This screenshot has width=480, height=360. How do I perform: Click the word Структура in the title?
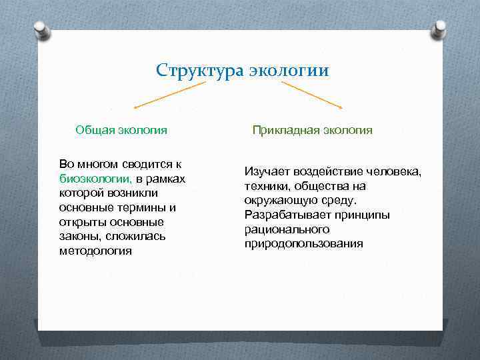point(201,71)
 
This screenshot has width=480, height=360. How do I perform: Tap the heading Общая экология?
point(121,130)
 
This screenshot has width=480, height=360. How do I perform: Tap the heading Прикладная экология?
point(312,130)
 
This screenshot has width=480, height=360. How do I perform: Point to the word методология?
point(95,251)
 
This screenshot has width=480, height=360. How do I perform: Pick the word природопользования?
point(303,243)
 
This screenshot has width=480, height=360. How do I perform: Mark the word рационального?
point(287,229)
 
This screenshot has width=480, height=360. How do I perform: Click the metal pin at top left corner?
point(42,31)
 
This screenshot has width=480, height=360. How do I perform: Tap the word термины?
point(137,207)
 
